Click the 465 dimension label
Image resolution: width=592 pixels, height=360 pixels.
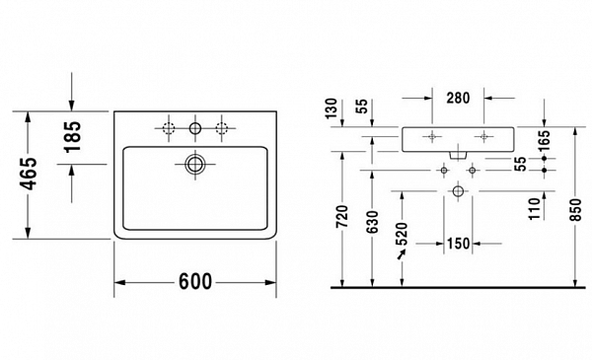point(31,175)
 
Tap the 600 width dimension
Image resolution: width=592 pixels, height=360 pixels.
point(196,281)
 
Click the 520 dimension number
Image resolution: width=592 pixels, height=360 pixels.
point(402,235)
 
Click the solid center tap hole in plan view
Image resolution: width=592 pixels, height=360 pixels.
point(195,127)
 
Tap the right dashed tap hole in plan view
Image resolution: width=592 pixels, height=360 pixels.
point(222,127)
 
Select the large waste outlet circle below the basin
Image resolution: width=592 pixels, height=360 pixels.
point(458,190)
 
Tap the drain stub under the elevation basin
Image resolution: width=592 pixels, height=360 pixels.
point(458,155)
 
